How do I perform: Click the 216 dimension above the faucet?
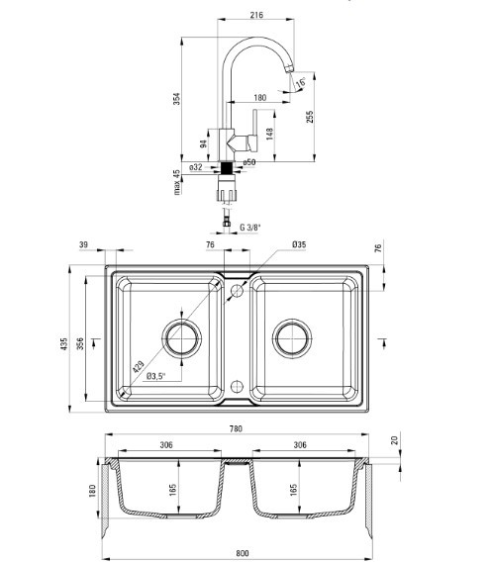pyautogui.click(x=256, y=15)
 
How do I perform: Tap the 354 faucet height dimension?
pyautogui.click(x=176, y=99)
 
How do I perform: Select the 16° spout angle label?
pyautogui.click(x=301, y=83)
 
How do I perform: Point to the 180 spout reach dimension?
pyautogui.click(x=260, y=98)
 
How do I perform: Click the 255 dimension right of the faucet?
pyautogui.click(x=310, y=117)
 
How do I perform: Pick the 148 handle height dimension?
pyautogui.click(x=269, y=134)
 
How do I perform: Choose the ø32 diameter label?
pyautogui.click(x=196, y=167)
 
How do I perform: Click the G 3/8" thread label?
pyautogui.click(x=250, y=228)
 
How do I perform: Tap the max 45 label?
pyautogui.click(x=176, y=182)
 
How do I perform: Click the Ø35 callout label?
pyautogui.click(x=299, y=244)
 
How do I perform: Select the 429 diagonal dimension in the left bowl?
pyautogui.click(x=139, y=366)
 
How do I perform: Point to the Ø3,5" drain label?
pyautogui.click(x=155, y=376)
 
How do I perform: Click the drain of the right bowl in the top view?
pyautogui.click(x=292, y=338)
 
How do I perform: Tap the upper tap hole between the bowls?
pyautogui.click(x=237, y=290)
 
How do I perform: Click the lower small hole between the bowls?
pyautogui.click(x=237, y=387)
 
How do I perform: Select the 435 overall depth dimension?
pyautogui.click(x=64, y=344)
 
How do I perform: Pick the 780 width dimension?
pyautogui.click(x=236, y=428)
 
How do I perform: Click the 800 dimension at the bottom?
pyautogui.click(x=243, y=553)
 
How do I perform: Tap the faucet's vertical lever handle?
pyautogui.click(x=254, y=131)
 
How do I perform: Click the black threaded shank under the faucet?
pyautogui.click(x=227, y=168)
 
